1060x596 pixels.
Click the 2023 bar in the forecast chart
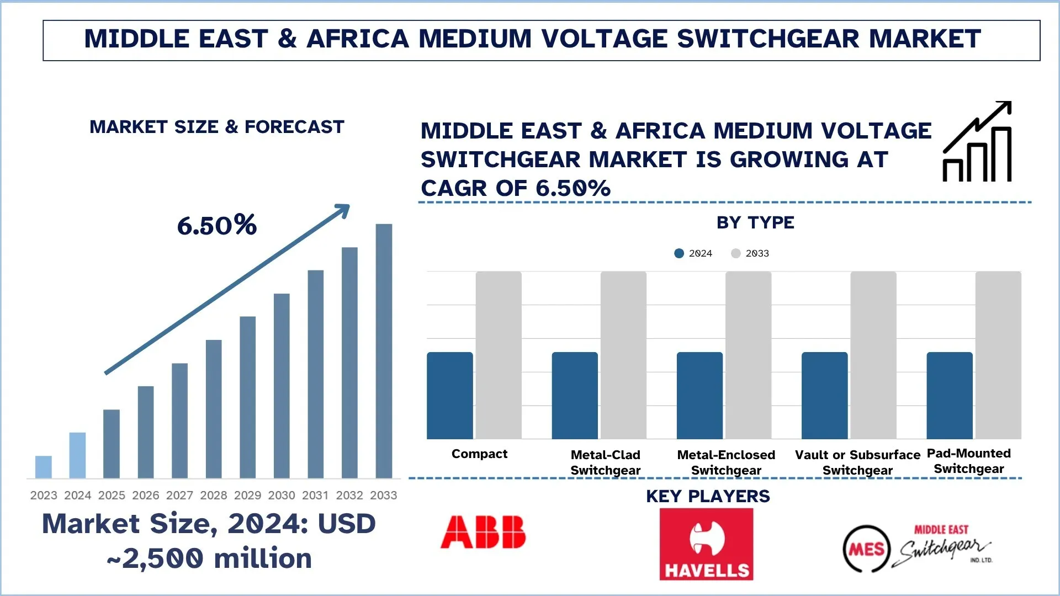[44, 467]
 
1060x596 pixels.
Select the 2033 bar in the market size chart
[384, 351]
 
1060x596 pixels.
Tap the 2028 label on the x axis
[214, 496]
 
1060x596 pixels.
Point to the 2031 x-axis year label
[315, 496]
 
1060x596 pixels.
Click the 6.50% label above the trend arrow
[217, 226]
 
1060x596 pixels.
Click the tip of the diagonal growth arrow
[347, 207]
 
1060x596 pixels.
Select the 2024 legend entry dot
[679, 253]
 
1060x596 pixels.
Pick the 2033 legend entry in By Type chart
[750, 253]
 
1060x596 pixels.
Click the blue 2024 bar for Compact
[450, 395]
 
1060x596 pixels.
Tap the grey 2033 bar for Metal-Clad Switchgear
[623, 355]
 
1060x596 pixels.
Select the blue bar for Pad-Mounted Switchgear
[950, 395]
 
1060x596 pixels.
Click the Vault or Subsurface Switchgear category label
[857, 462]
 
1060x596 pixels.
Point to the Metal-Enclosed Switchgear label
[726, 462]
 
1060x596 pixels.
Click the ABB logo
[483, 532]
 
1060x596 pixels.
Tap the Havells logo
[706, 544]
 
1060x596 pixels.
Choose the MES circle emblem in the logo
[867, 549]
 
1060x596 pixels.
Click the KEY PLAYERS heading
[708, 496]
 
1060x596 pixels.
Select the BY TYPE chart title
[755, 222]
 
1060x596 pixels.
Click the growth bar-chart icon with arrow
[977, 142]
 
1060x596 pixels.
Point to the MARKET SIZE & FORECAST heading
[217, 127]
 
